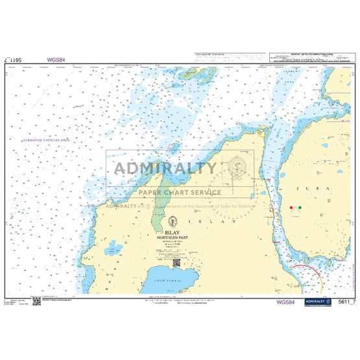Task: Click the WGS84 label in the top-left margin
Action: coord(56,60)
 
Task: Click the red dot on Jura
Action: coord(291,208)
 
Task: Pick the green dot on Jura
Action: coord(300,208)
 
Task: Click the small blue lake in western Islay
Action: coord(114,247)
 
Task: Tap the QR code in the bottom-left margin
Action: coord(37,302)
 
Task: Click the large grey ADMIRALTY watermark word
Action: coord(165,169)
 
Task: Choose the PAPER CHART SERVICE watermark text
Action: coord(180,192)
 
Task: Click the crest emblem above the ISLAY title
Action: coord(171,221)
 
